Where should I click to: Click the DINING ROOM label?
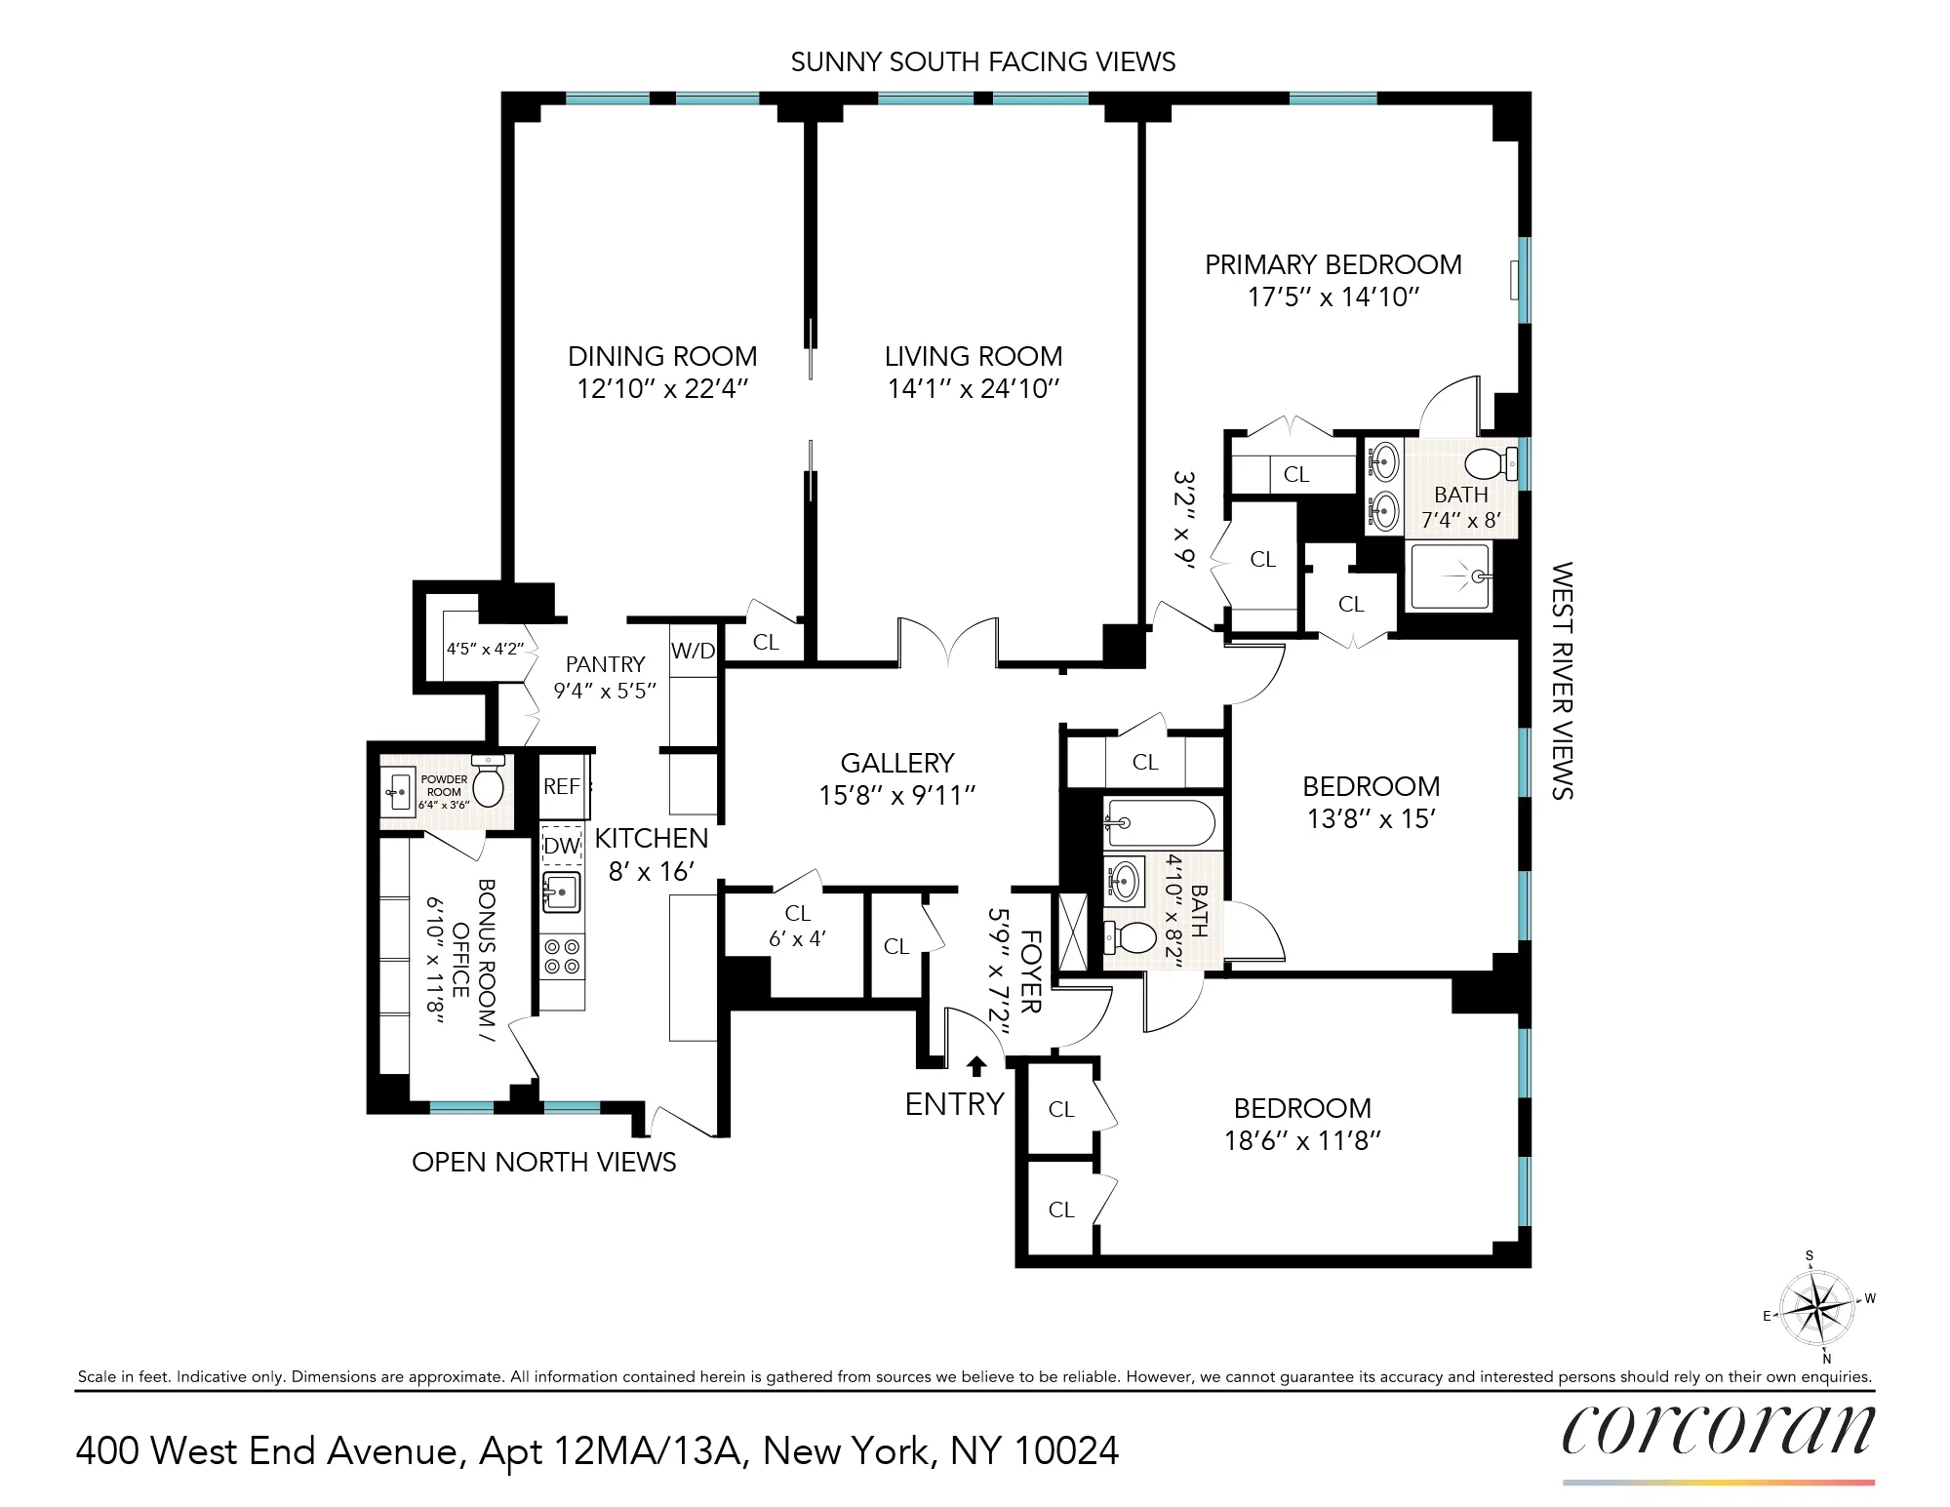(x=662, y=356)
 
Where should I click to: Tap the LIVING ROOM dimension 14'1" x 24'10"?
(x=973, y=388)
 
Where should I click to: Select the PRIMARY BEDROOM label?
(x=1333, y=264)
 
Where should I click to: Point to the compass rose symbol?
(x=1816, y=1306)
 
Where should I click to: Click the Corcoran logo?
(x=1718, y=1431)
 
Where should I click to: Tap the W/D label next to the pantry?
(x=693, y=651)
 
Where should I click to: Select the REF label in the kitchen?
(x=562, y=786)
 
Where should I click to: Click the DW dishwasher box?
(x=562, y=845)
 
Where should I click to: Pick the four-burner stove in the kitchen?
(x=562, y=956)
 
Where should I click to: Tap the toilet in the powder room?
(x=488, y=780)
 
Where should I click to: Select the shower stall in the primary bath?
(x=1450, y=577)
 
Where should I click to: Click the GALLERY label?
(x=897, y=763)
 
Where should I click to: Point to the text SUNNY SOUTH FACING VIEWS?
(x=982, y=61)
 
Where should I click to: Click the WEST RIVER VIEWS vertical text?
(x=1562, y=680)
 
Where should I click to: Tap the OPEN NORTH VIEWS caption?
(x=543, y=1162)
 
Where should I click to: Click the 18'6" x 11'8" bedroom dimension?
(x=1302, y=1140)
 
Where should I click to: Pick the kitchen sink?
(x=562, y=892)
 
